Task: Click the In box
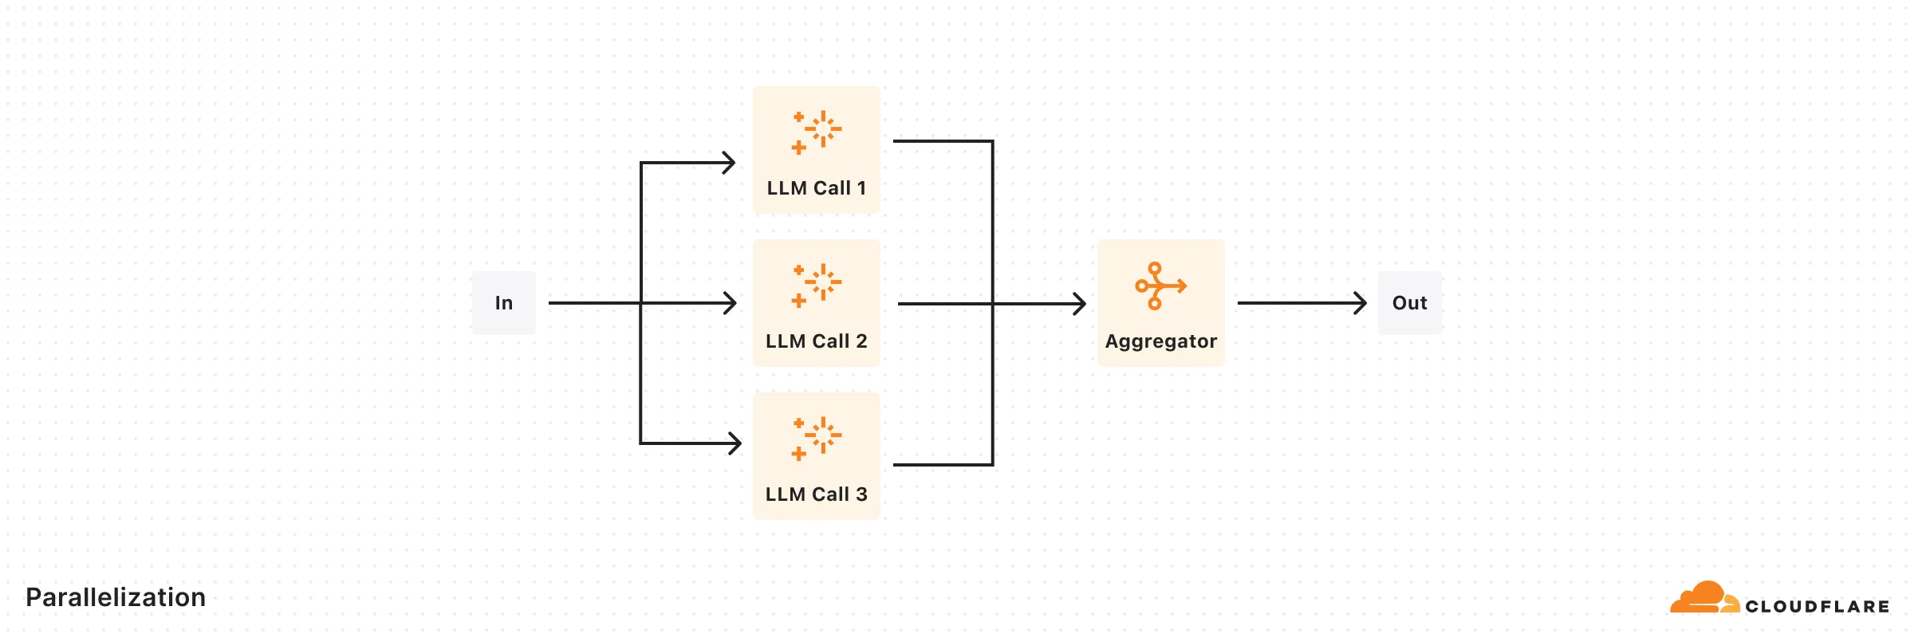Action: point(503,303)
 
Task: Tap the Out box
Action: point(1409,303)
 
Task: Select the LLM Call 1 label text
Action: point(816,188)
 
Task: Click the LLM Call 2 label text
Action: point(816,341)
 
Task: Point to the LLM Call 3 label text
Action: point(816,494)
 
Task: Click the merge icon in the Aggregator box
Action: point(1160,286)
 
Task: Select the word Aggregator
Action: point(1160,341)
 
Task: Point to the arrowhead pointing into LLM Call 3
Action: point(735,443)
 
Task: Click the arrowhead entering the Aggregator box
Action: point(1080,304)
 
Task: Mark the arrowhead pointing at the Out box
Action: point(1361,303)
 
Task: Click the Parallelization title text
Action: point(116,597)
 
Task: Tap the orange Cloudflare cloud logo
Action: point(1704,598)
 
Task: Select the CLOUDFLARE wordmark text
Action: point(1817,607)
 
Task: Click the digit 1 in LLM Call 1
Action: point(861,188)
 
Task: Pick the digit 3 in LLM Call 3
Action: point(861,494)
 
